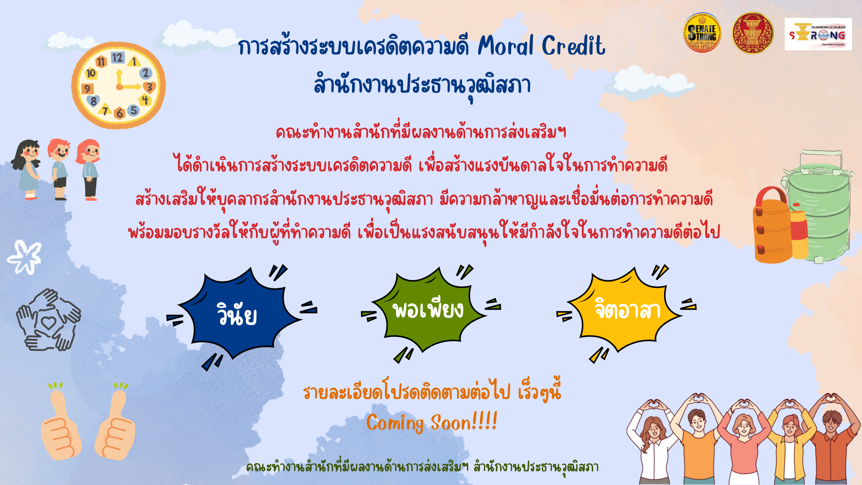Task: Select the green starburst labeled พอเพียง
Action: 429,310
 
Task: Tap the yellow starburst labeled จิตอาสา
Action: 626,310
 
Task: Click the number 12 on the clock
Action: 118,57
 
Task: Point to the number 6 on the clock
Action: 119,113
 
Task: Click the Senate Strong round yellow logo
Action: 702,33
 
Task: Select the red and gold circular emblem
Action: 752,33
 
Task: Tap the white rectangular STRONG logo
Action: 818,34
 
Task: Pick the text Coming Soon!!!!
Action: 432,423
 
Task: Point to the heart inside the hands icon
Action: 48,322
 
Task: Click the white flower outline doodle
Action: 25,257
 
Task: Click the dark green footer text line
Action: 422,467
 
